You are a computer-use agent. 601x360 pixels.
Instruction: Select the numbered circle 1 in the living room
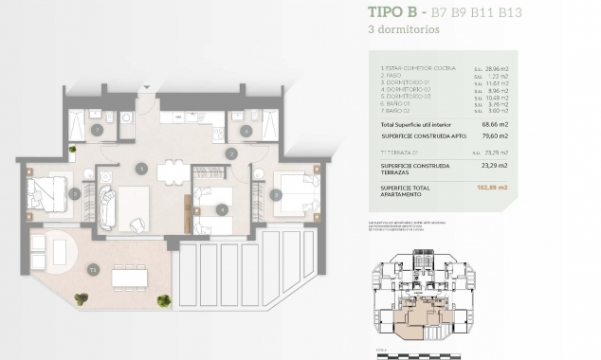[141, 169]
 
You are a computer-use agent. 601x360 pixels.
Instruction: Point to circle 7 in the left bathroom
[97, 129]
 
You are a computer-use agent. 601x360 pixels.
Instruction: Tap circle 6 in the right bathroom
[246, 131]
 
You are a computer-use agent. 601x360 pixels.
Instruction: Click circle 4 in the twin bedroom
[220, 208]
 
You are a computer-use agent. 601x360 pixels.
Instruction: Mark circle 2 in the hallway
[230, 153]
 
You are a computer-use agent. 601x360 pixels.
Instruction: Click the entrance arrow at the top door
[144, 95]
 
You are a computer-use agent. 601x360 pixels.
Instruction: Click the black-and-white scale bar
[417, 355]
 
